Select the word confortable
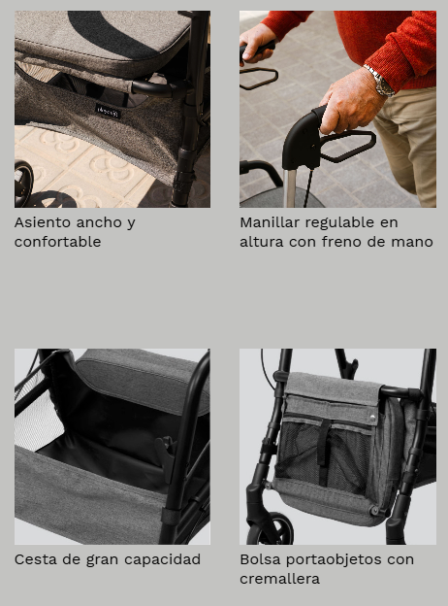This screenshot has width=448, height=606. click(57, 242)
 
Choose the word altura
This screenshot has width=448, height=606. click(263, 242)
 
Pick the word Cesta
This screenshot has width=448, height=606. click(36, 559)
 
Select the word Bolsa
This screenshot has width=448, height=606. click(261, 559)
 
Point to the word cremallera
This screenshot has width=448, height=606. click(279, 579)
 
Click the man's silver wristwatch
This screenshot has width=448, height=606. click(380, 82)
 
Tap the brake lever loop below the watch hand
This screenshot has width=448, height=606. click(347, 147)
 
